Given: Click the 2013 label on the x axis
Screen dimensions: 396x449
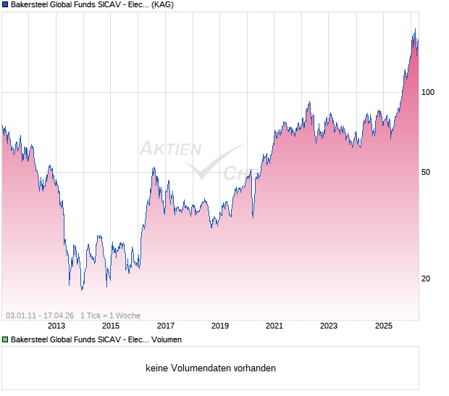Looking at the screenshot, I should [56, 326].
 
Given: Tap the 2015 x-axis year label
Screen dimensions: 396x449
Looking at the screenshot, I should [111, 326].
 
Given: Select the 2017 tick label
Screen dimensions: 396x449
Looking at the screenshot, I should [166, 326].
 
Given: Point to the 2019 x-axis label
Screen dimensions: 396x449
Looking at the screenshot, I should [220, 326].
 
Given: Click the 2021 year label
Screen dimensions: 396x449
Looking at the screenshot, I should [274, 326].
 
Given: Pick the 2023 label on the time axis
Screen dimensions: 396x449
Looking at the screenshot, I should [330, 326].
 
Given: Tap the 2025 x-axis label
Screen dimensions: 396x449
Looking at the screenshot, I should [384, 326].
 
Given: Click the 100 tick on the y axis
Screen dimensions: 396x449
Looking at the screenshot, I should [428, 92].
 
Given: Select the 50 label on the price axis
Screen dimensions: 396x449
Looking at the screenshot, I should [426, 172].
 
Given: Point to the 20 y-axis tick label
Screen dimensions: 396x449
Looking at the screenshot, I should [426, 279].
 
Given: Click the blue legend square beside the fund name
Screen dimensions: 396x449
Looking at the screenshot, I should [5, 4].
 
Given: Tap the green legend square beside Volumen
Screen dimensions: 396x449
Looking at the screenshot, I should [5, 339].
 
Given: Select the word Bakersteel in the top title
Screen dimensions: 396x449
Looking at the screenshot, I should [31, 4].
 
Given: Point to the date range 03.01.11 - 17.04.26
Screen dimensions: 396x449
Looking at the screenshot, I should [40, 315].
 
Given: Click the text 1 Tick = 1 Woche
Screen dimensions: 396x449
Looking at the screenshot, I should [110, 315].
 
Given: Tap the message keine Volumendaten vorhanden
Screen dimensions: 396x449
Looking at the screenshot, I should [211, 368].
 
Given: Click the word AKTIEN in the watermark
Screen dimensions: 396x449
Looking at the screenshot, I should [169, 149].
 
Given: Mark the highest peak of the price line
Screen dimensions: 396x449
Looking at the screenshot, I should [415, 29].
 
